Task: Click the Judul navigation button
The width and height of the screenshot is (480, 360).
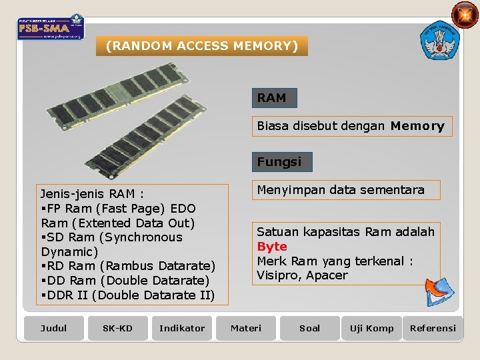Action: pyautogui.click(x=53, y=328)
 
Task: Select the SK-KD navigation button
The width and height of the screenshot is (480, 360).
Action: pyautogui.click(x=117, y=328)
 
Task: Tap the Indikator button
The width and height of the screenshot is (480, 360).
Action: pyautogui.click(x=182, y=328)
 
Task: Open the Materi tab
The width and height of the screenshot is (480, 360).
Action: pyautogui.click(x=246, y=328)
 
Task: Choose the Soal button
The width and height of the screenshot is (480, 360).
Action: pyautogui.click(x=309, y=328)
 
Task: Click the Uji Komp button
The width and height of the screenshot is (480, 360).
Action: pyautogui.click(x=372, y=328)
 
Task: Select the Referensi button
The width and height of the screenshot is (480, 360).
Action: pyautogui.click(x=433, y=328)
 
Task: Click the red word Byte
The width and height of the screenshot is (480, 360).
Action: pyautogui.click(x=272, y=246)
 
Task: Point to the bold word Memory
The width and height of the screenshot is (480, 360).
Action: pyautogui.click(x=417, y=126)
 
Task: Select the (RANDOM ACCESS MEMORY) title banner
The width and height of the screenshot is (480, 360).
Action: pyautogui.click(x=202, y=46)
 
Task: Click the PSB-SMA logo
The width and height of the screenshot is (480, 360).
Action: pyautogui.click(x=51, y=27)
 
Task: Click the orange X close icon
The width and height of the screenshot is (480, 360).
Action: pyautogui.click(x=465, y=15)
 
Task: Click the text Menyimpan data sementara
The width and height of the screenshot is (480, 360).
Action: pyautogui.click(x=341, y=190)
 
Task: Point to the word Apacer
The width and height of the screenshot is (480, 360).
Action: pyautogui.click(x=327, y=275)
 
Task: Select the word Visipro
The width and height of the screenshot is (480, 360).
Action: pyautogui.click(x=278, y=275)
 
